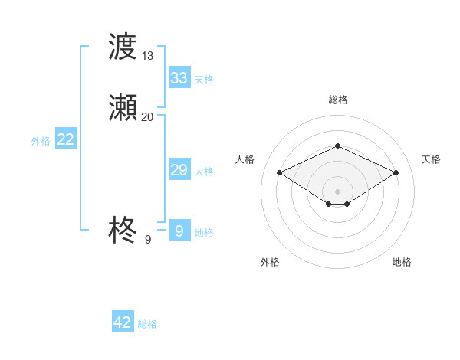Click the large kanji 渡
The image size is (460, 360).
(x=123, y=47)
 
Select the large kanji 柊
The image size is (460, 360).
(x=123, y=229)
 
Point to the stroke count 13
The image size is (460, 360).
(x=148, y=55)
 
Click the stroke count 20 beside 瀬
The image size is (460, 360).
(x=148, y=117)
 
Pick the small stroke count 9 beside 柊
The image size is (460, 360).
(x=148, y=240)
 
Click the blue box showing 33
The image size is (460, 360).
(x=179, y=77)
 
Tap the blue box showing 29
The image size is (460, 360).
(x=179, y=170)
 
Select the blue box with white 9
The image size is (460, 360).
(x=179, y=231)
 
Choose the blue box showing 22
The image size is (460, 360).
(x=66, y=139)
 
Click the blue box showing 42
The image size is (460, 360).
(x=123, y=322)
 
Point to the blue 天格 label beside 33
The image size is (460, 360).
(x=204, y=79)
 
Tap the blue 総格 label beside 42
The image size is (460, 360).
(x=147, y=324)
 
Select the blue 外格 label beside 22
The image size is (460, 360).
(x=41, y=141)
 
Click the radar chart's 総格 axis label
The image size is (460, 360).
(x=337, y=100)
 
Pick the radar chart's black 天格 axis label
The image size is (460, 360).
(x=431, y=159)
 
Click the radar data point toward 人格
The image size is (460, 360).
(x=280, y=172)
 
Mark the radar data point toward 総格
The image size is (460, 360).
(x=337, y=146)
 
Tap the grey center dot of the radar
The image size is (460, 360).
(x=337, y=191)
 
